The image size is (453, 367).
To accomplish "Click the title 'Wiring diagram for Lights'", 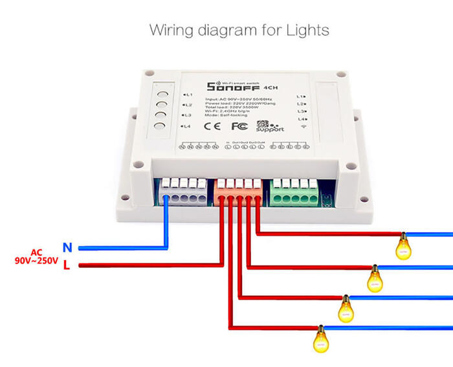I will (x=239, y=30).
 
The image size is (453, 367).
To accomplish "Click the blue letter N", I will (x=67, y=247).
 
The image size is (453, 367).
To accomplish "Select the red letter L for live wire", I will (x=67, y=265).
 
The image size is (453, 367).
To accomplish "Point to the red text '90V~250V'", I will (x=37, y=261).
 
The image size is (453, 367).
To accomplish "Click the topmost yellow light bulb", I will (x=404, y=247).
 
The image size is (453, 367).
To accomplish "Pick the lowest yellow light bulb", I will (x=320, y=339).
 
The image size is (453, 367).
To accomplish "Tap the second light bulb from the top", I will (x=375, y=279).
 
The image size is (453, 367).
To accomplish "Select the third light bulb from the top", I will (x=346, y=309).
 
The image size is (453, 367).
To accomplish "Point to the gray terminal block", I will (x=183, y=192).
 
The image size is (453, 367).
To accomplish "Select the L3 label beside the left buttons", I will (x=187, y=115).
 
